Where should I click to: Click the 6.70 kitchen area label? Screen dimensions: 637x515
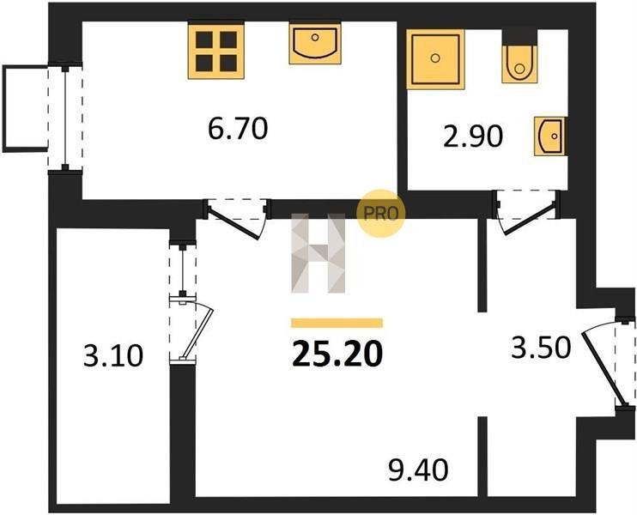tap(238, 128)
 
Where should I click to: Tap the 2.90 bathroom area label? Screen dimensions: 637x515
tap(473, 136)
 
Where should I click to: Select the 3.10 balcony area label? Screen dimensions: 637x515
tap(113, 355)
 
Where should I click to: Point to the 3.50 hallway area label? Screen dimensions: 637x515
tap(541, 348)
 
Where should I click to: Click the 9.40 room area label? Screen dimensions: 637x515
tap(418, 470)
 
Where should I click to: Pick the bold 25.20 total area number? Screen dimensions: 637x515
tap(337, 354)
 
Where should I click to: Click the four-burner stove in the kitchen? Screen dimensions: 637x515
tap(216, 51)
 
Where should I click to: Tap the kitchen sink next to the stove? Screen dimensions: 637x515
tap(315, 44)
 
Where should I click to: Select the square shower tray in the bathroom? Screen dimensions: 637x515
tap(435, 59)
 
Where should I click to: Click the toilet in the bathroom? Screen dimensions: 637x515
tap(519, 64)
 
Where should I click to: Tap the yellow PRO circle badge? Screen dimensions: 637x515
tap(380, 213)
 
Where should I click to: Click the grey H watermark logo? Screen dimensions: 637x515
tap(318, 253)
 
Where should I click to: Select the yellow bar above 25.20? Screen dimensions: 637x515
tap(337, 323)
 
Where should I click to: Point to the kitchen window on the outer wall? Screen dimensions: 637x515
tap(65, 118)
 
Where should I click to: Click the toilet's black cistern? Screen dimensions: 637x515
tap(519, 37)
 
